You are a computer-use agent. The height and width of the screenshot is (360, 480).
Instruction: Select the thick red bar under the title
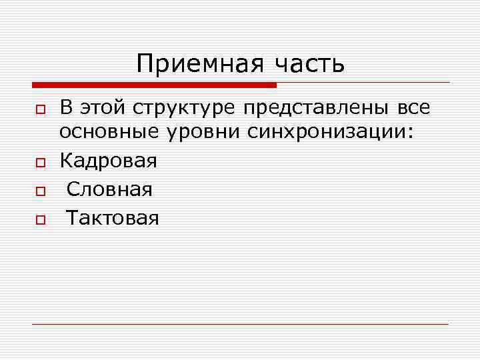[x=154, y=85]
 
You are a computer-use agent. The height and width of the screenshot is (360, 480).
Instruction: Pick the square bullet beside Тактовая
[x=40, y=219]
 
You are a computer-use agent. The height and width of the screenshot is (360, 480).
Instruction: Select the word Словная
[x=109, y=189]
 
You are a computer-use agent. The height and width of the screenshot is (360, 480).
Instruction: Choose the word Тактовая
[x=113, y=218]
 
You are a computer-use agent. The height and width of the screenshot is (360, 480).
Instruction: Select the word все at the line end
[x=412, y=108]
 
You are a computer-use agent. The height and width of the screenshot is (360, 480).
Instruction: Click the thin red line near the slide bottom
[x=240, y=324]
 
